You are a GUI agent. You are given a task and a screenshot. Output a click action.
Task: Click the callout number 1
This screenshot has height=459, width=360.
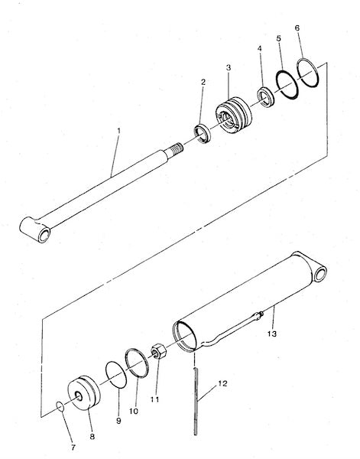point(118,131)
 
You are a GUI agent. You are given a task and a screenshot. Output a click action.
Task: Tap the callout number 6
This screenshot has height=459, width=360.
point(297,28)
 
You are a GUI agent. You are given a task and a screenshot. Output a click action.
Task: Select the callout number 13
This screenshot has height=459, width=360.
point(272,334)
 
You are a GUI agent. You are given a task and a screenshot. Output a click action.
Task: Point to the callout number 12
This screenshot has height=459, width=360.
point(222,383)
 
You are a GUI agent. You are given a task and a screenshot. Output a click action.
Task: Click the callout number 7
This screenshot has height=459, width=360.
point(73,448)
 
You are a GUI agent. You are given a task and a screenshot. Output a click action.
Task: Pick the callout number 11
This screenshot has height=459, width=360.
point(154,399)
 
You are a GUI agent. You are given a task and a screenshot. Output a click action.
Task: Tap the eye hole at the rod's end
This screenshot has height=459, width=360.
point(44,235)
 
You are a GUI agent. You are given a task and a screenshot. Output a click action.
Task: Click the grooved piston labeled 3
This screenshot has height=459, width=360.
point(234,115)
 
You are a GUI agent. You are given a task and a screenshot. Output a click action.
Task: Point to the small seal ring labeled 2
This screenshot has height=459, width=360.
point(203,133)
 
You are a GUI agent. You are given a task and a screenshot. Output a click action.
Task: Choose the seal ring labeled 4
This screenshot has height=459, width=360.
point(265,97)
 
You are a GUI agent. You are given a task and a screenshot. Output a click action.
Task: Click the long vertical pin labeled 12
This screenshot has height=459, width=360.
point(196,402)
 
